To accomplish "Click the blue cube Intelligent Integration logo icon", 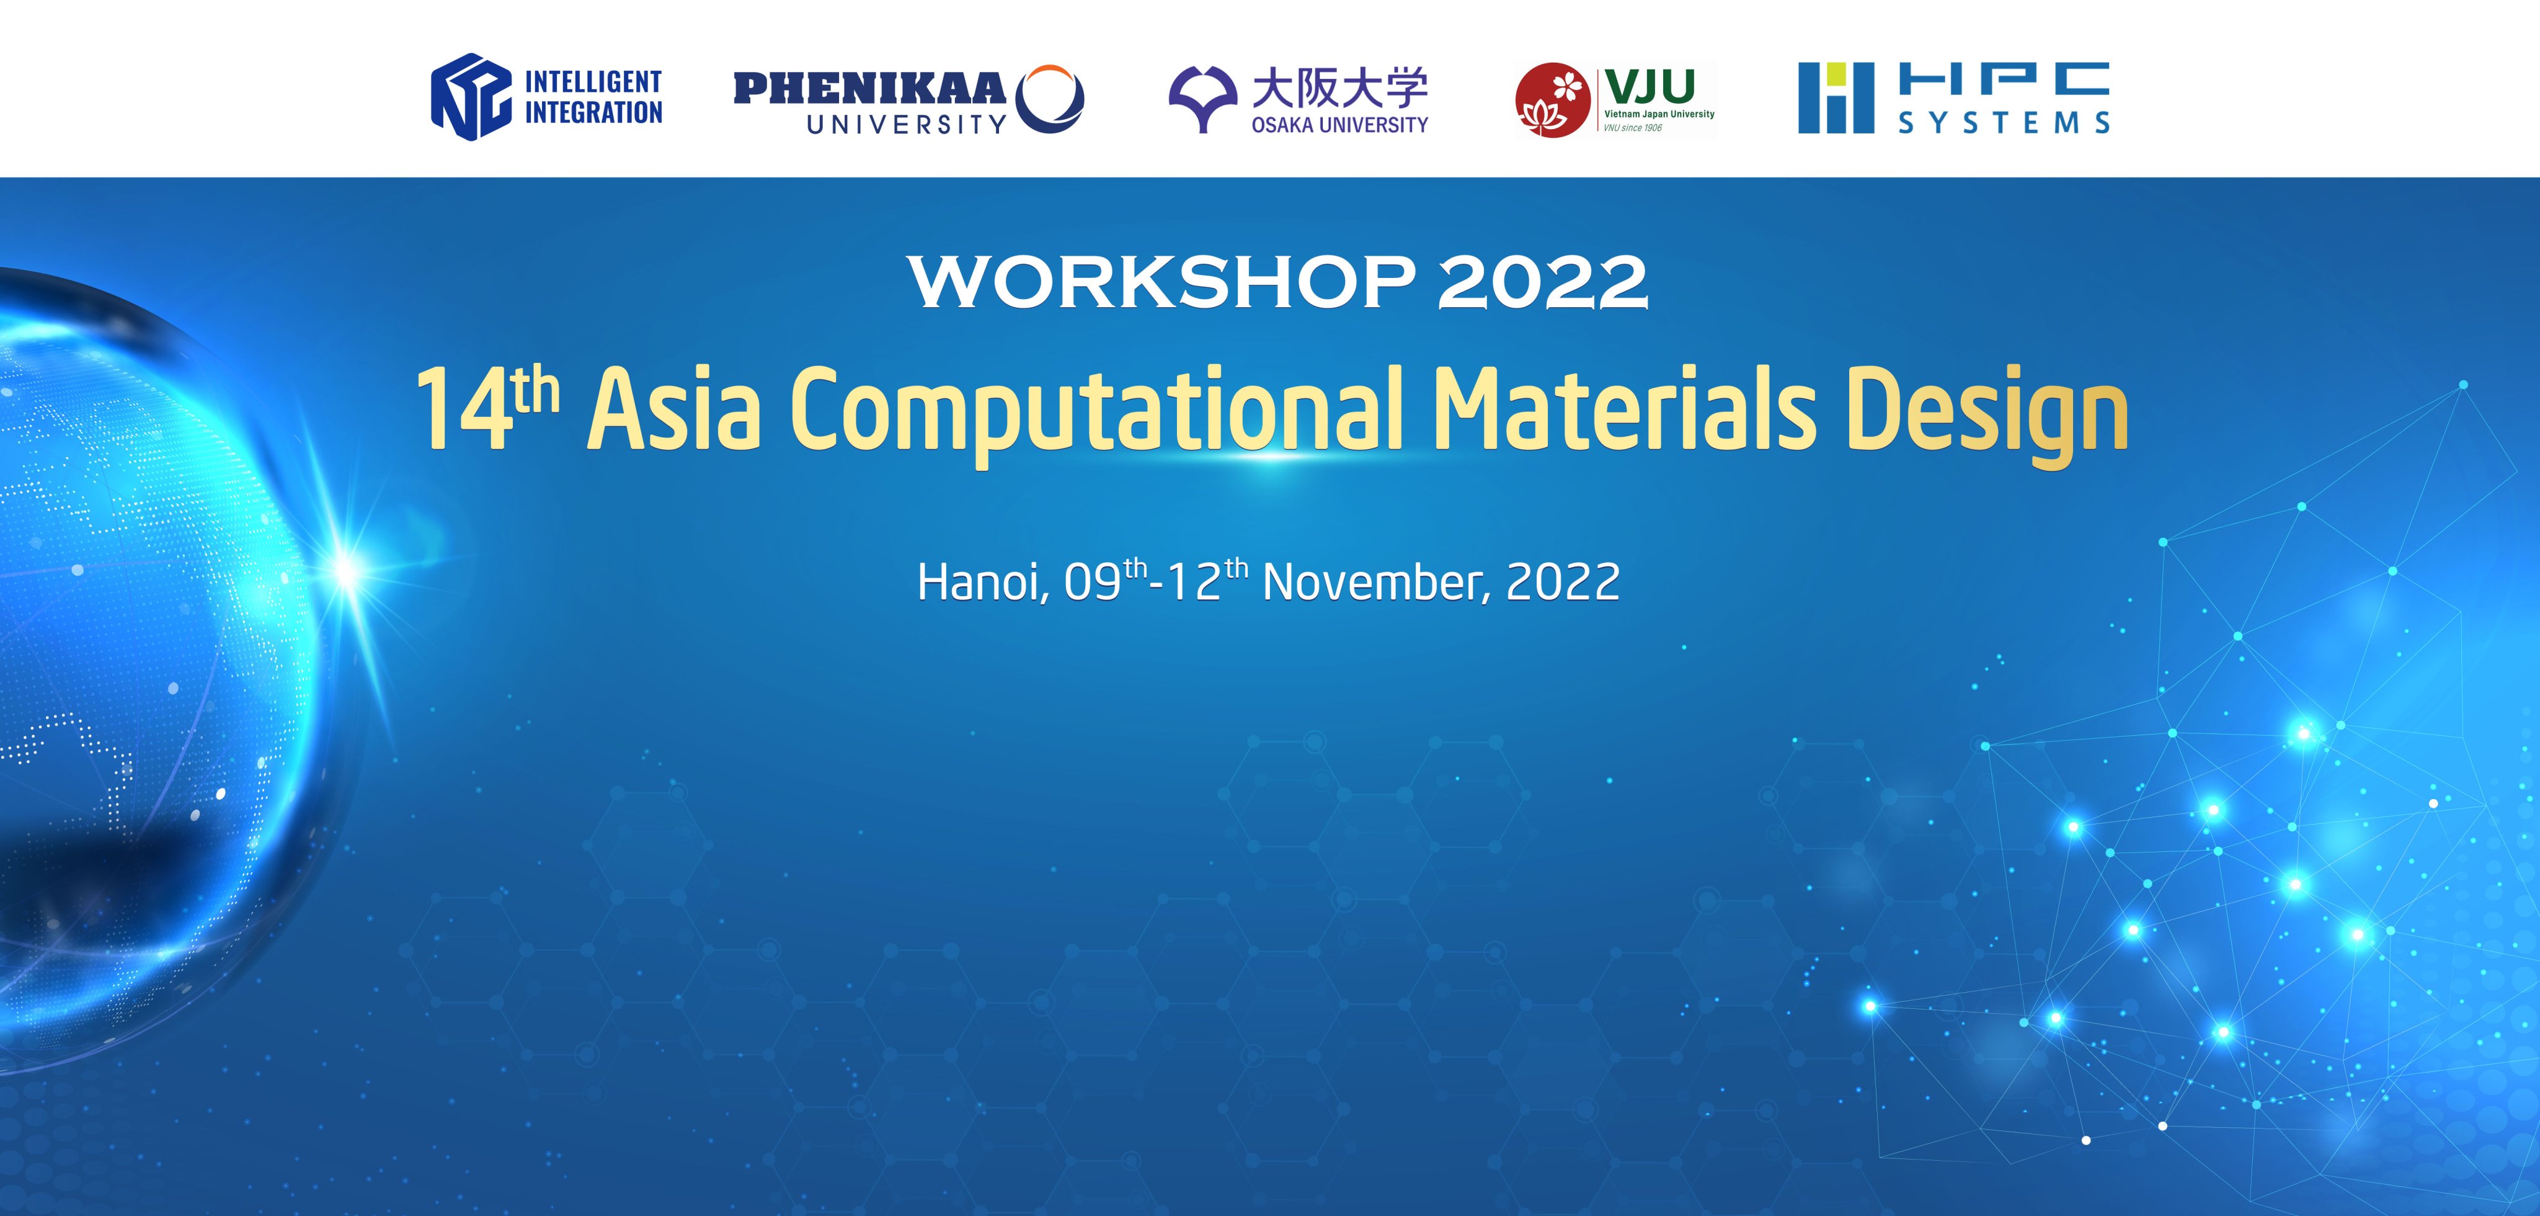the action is click(x=471, y=97).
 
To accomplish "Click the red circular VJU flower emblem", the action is click(x=1552, y=101).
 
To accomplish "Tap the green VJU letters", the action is click(x=1650, y=86).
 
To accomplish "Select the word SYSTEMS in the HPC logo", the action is click(x=2004, y=122).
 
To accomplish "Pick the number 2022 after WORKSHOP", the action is click(x=1542, y=282).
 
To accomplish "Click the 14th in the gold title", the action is click(x=487, y=408).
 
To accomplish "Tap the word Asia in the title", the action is click(x=675, y=408).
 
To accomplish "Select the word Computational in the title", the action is click(x=1096, y=414).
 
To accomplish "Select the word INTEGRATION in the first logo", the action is click(x=593, y=112).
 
